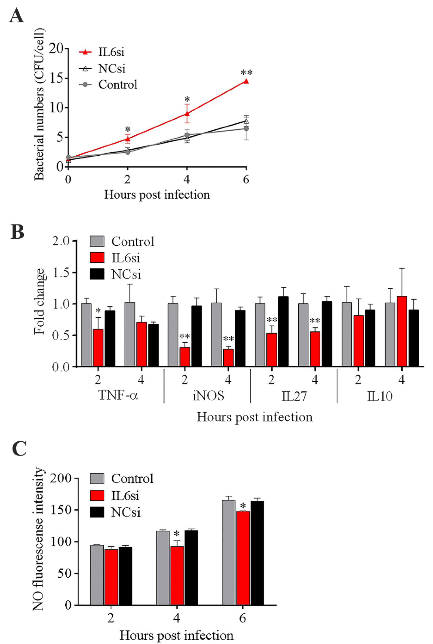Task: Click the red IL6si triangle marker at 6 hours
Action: click(246, 81)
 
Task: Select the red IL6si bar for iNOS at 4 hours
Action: click(228, 358)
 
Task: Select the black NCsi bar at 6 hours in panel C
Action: click(257, 543)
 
